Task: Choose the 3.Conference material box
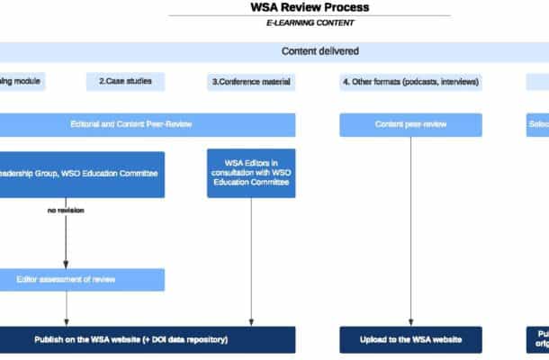coord(252,82)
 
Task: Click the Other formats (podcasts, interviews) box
coord(410,82)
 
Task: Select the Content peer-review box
coord(410,124)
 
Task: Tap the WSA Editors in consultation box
coord(251,172)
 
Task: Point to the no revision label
coord(67,211)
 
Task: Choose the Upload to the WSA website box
coord(410,339)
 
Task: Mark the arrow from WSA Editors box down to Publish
coord(251,261)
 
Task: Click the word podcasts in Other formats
coord(425,82)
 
